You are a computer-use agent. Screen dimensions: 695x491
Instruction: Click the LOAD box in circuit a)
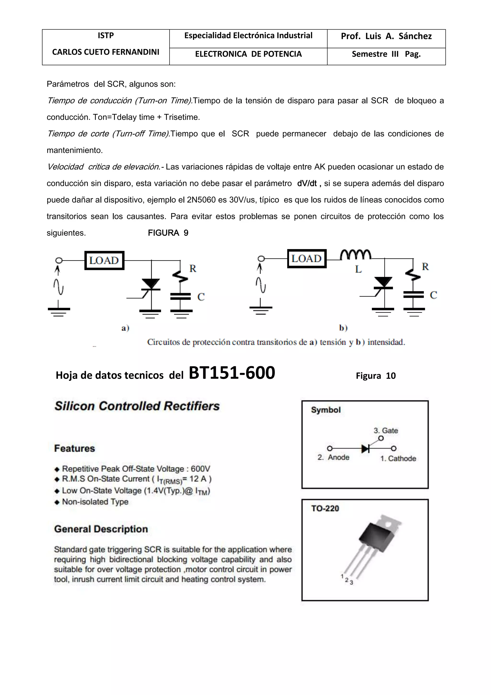click(104, 260)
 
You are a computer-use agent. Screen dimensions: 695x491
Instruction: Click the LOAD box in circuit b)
click(307, 258)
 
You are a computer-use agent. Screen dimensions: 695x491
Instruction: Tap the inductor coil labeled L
click(356, 255)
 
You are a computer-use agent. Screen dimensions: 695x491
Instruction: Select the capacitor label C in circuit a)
click(201, 297)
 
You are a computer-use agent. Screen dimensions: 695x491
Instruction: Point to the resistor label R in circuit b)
click(425, 267)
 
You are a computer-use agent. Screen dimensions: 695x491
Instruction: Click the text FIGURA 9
click(168, 233)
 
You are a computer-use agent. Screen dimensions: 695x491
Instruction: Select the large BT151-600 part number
click(232, 373)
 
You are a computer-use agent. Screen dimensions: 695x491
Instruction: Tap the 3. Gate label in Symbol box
click(386, 431)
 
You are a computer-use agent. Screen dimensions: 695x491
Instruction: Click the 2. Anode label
click(333, 457)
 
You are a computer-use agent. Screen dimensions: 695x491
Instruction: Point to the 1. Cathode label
click(398, 459)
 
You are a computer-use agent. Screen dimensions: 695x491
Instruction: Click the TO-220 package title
click(325, 509)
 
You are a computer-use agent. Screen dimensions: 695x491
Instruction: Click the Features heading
click(74, 448)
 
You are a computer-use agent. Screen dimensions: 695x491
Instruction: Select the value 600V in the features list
click(200, 469)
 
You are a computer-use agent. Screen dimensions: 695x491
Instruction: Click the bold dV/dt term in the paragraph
click(307, 183)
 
